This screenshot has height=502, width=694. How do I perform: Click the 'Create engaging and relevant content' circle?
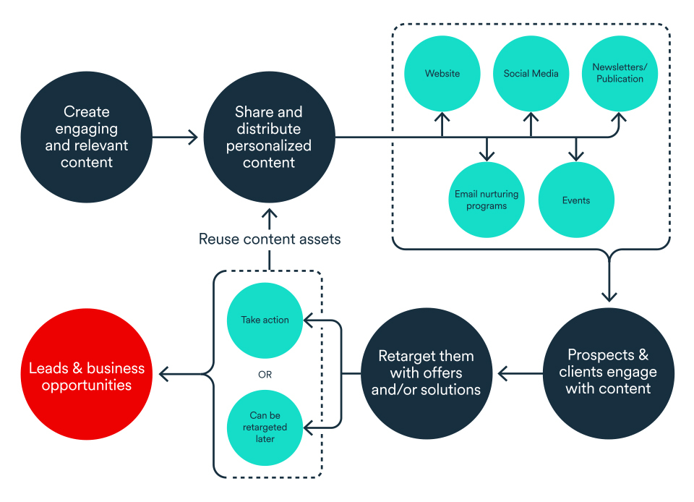[87, 137]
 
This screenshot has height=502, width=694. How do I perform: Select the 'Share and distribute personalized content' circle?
[268, 137]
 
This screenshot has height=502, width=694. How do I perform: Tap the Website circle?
[442, 74]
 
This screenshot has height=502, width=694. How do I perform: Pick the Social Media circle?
[531, 74]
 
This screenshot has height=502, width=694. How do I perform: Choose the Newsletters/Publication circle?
[620, 74]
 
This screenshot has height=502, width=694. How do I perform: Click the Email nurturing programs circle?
[487, 200]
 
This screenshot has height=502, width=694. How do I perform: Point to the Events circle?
[575, 200]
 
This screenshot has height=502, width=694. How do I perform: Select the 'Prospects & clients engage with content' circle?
[608, 373]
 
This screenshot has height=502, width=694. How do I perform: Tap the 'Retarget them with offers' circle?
[426, 373]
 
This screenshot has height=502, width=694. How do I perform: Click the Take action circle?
[265, 320]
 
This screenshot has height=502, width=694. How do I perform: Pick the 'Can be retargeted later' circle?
[265, 427]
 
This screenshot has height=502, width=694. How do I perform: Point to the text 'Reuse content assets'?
[269, 239]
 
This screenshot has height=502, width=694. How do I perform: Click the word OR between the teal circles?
[265, 374]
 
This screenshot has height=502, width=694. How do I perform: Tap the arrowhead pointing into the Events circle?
[575, 155]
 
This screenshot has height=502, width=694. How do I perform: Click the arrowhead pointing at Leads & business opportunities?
[164, 374]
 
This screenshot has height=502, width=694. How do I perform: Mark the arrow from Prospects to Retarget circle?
[520, 374]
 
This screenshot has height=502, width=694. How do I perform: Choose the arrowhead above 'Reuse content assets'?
[269, 215]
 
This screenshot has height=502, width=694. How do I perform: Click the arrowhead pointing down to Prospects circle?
[609, 295]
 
